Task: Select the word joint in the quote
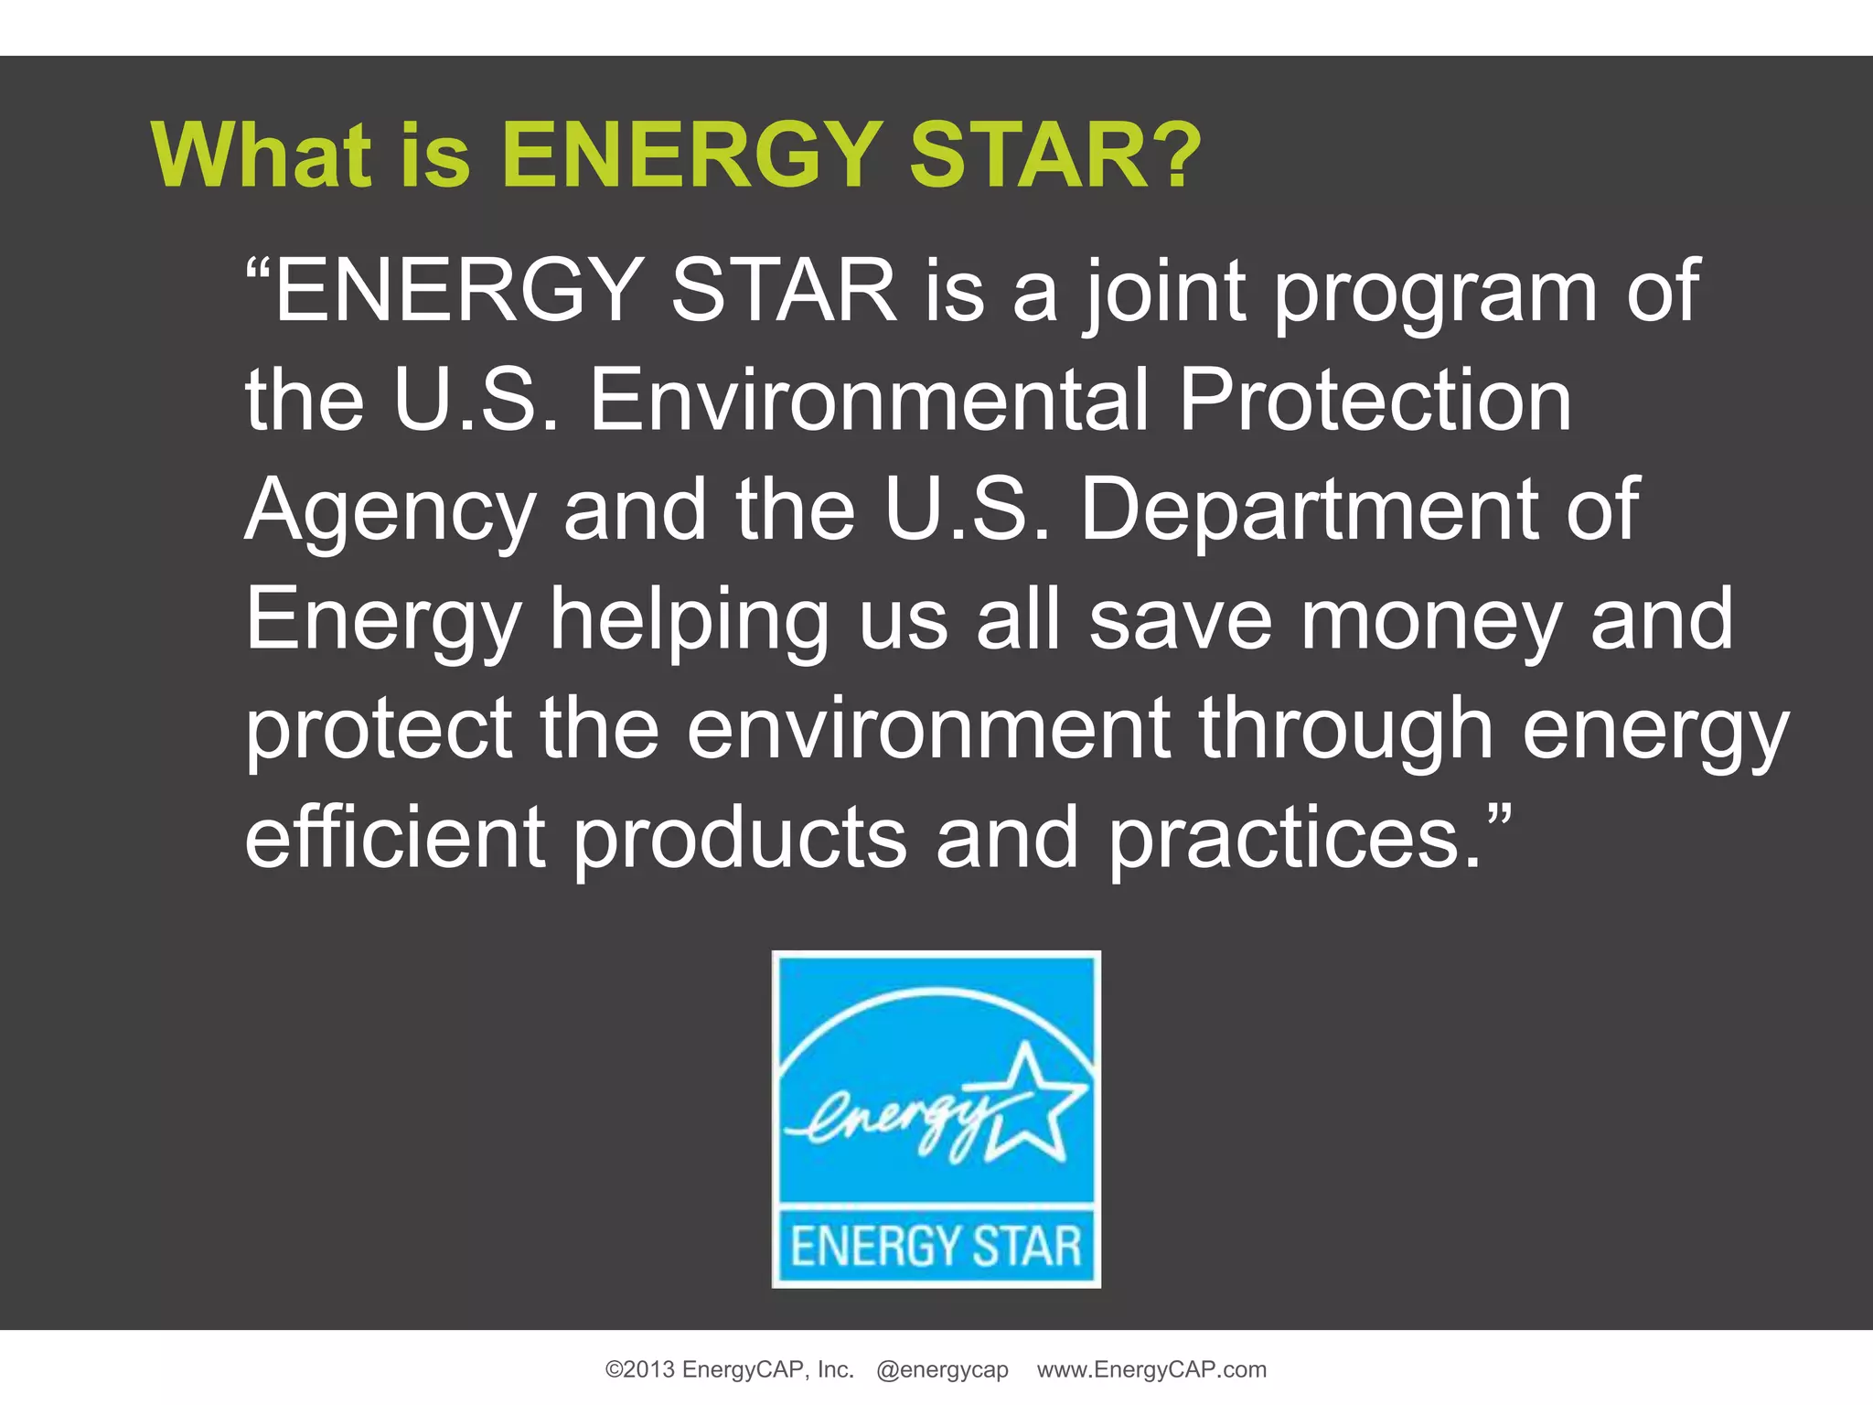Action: tap(1166, 293)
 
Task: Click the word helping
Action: tap(689, 622)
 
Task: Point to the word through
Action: tap(1345, 730)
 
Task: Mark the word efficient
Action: tap(395, 838)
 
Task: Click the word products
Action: tap(740, 840)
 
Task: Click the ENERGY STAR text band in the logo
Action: tap(936, 1247)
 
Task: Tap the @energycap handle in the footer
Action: tap(942, 1369)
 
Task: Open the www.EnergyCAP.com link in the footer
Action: tap(1151, 1369)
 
